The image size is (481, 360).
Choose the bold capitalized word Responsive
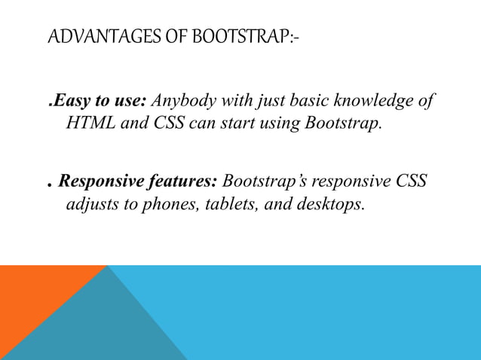pyautogui.click(x=100, y=182)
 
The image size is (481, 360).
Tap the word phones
pyautogui.click(x=164, y=204)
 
